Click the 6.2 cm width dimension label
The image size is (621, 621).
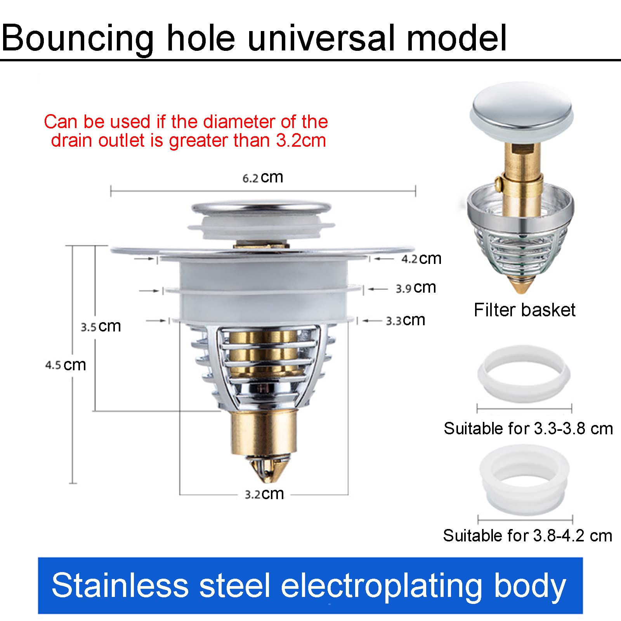tap(263, 177)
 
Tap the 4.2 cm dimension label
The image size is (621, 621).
tap(421, 258)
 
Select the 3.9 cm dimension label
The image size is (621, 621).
tap(416, 288)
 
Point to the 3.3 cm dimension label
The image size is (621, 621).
tap(405, 320)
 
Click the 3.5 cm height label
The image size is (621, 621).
tap(101, 326)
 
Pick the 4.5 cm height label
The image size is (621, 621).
tap(66, 365)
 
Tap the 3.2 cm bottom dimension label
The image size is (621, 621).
tap(264, 494)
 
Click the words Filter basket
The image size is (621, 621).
tap(524, 310)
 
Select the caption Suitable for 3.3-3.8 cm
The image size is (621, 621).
tap(528, 428)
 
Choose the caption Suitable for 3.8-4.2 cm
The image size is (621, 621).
tap(527, 536)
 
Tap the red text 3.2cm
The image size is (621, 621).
tap(301, 140)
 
